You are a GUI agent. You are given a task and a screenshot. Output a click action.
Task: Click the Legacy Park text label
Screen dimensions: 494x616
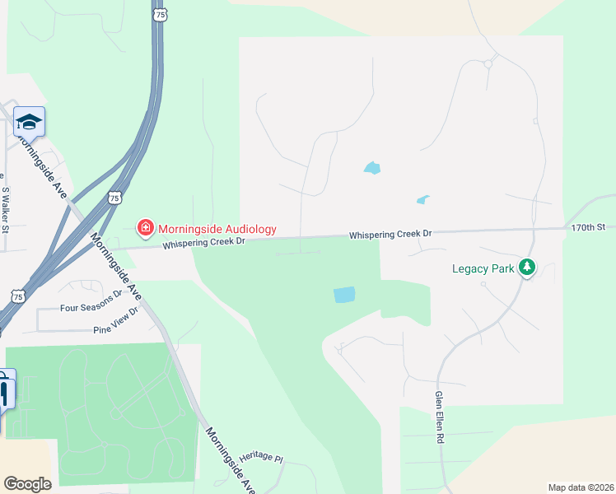[483, 268]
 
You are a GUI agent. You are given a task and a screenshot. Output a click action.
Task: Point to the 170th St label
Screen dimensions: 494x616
[589, 226]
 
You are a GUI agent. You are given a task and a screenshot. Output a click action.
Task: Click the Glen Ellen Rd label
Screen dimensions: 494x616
[439, 417]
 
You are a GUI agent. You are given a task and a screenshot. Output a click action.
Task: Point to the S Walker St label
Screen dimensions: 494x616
[5, 207]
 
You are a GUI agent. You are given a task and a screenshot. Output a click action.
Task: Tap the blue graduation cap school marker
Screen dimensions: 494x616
[29, 123]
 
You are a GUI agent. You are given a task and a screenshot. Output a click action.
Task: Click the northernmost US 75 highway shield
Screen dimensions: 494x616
[157, 15]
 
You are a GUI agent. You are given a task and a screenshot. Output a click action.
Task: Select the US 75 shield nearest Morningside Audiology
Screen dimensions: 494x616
[115, 198]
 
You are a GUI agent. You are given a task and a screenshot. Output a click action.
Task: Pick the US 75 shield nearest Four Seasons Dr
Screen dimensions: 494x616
[17, 295]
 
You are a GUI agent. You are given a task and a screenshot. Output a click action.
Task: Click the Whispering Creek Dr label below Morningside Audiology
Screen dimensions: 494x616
[203, 242]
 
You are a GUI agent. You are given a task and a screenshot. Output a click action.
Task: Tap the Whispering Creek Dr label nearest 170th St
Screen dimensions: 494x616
[390, 235]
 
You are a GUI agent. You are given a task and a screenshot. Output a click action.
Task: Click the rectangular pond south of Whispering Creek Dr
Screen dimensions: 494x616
[344, 294]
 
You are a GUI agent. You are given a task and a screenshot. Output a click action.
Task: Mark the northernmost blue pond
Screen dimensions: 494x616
[372, 168]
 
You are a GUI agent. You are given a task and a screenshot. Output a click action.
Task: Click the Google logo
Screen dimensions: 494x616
[27, 484]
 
